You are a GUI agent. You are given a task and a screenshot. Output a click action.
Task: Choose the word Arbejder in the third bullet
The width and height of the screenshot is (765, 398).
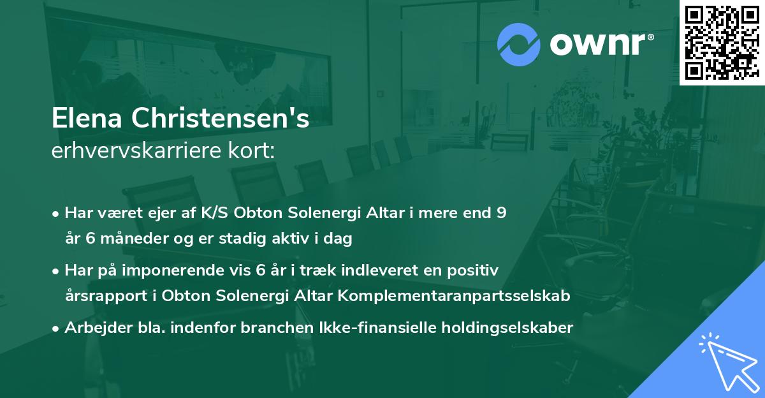pyautogui.click(x=92, y=328)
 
